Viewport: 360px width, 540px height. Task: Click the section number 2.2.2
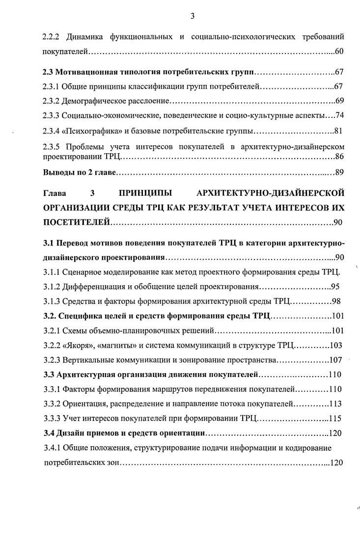[51, 37]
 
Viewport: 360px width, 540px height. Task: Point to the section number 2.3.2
[51, 101]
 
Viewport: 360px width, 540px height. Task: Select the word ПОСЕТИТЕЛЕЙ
[76, 223]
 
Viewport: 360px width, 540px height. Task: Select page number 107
[336, 360]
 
